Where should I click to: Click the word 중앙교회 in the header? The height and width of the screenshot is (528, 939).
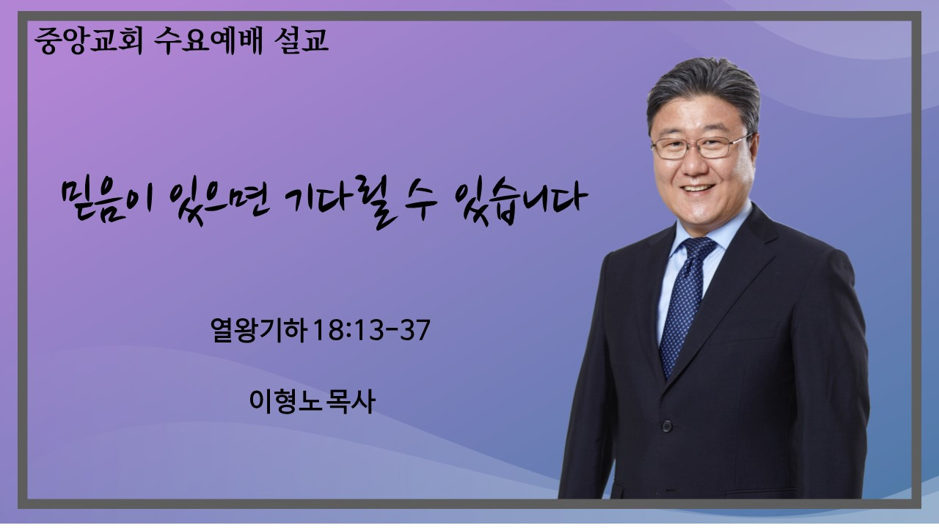pyautogui.click(x=89, y=41)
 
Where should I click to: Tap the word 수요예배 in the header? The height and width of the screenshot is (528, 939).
pyautogui.click(x=208, y=41)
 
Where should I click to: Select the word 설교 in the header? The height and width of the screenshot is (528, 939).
pyautogui.click(x=301, y=41)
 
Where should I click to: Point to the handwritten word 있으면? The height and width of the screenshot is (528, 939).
pyautogui.click(x=219, y=202)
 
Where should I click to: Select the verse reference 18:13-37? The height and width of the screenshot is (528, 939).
pyautogui.click(x=371, y=330)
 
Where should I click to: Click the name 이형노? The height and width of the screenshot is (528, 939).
pyautogui.click(x=287, y=401)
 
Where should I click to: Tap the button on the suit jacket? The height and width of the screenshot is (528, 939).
pyautogui.click(x=667, y=427)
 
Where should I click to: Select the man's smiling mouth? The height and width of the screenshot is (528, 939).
pyautogui.click(x=698, y=188)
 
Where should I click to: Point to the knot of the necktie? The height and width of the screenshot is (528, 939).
pyautogui.click(x=698, y=248)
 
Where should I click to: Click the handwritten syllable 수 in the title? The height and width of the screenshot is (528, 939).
pyautogui.click(x=419, y=201)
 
